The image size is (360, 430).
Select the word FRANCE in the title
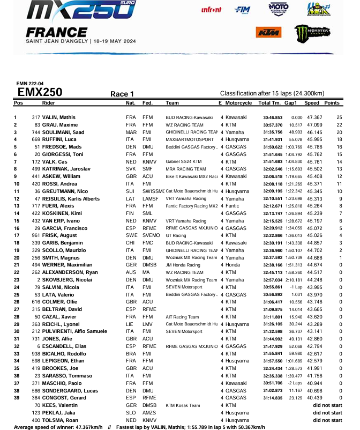click(x=53, y=31)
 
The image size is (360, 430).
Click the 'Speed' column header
click(x=312, y=102)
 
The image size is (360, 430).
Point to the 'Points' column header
click(x=332, y=102)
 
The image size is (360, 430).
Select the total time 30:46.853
click(x=273, y=117)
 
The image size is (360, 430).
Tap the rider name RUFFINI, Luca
click(x=58, y=139)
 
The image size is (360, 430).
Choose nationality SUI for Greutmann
click(x=130, y=191)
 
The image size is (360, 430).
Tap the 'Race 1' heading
click(x=122, y=94)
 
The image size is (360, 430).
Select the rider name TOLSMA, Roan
click(x=58, y=420)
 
